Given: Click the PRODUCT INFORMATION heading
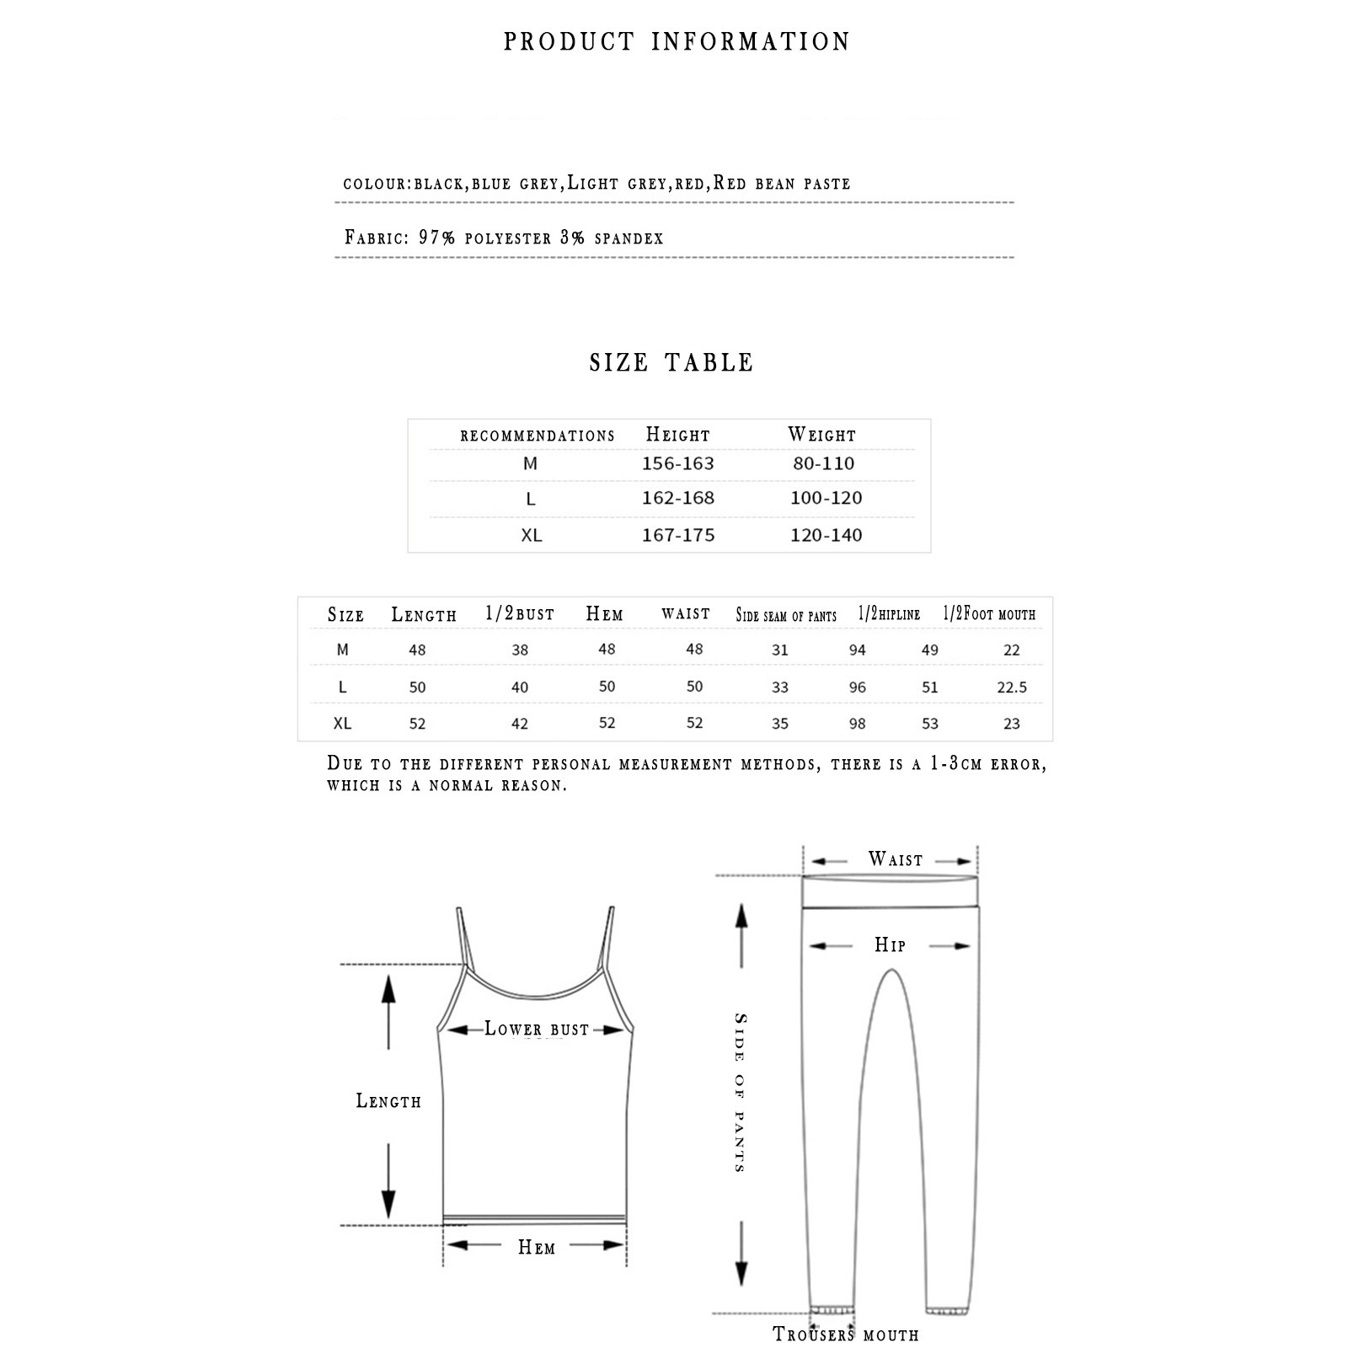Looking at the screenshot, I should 677,42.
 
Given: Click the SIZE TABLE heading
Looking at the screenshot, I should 671,363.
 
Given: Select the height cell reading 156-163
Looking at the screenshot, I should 677,463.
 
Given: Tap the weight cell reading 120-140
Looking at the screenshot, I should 826,535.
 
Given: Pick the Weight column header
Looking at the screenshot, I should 821,435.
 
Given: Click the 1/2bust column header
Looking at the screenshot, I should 520,614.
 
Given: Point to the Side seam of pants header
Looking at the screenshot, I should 786,616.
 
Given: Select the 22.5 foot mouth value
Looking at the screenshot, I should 1011,687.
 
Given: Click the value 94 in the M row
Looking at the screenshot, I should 857,650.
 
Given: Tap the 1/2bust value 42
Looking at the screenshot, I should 520,724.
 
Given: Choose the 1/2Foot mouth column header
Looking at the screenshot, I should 988,614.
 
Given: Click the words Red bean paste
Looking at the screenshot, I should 782,184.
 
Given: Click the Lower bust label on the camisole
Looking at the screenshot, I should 537,1029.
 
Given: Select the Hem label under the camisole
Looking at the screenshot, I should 537,1247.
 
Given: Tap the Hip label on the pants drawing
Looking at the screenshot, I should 890,945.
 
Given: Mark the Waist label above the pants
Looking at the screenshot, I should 896,860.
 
